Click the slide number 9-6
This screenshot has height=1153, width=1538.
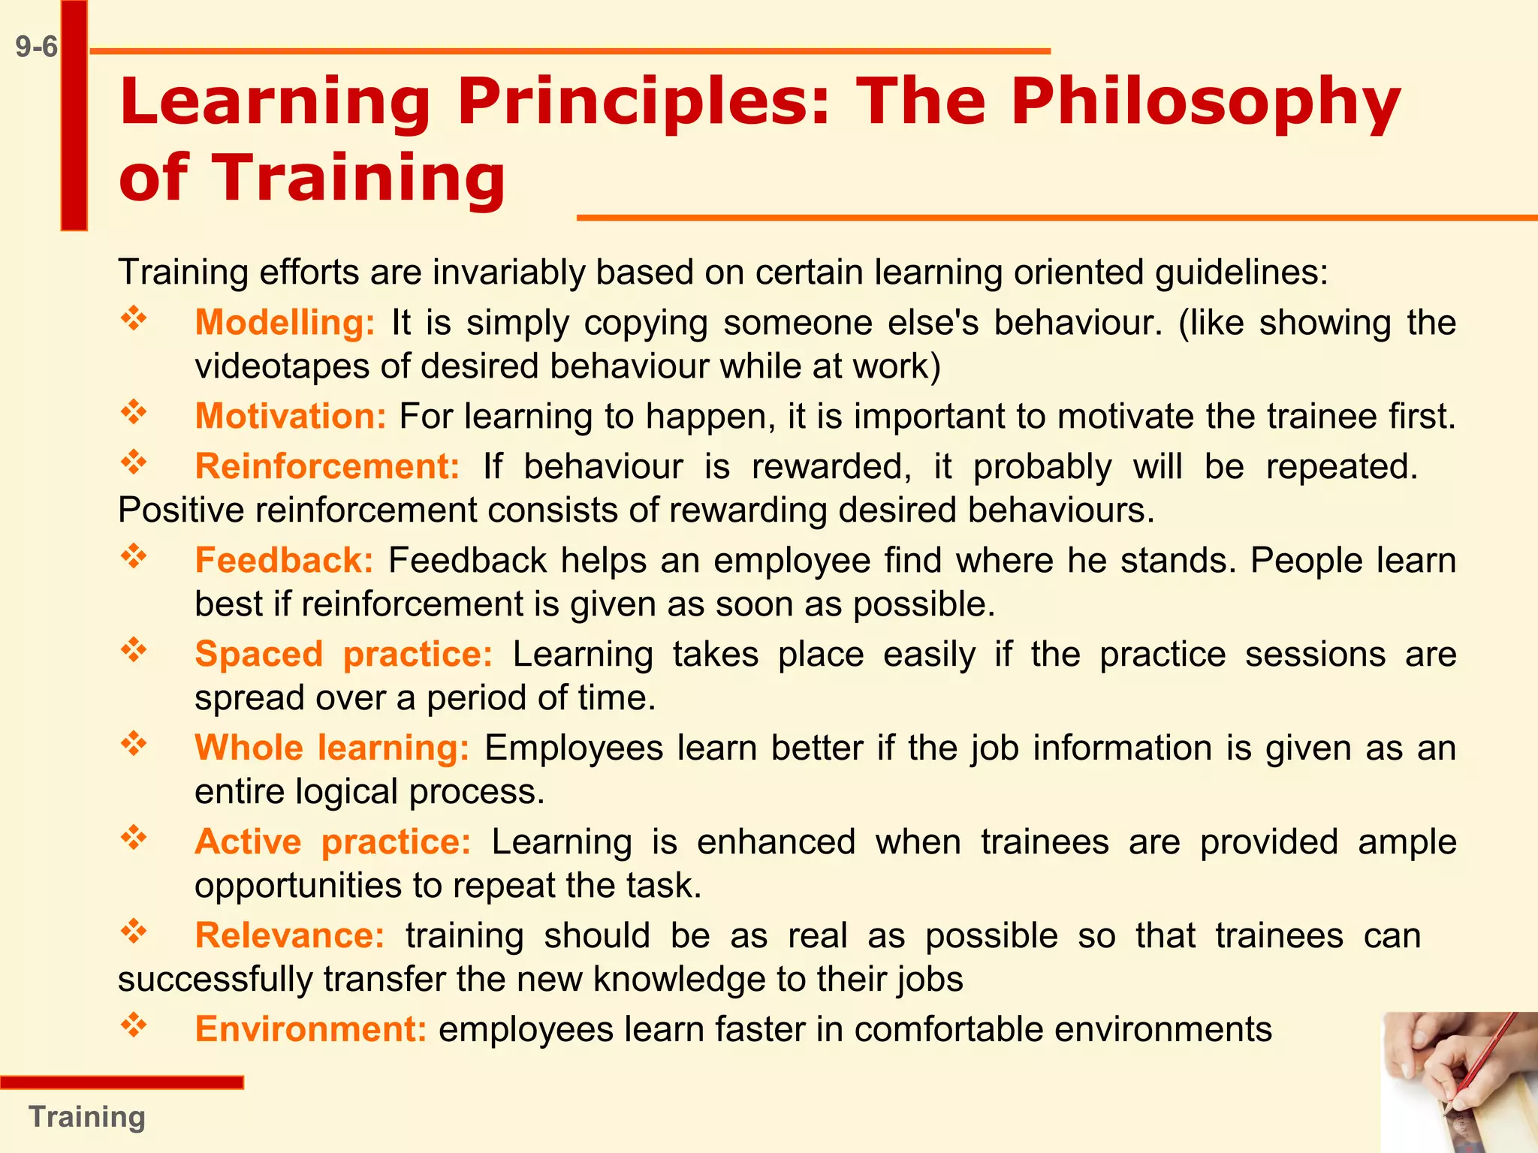pyautogui.click(x=36, y=47)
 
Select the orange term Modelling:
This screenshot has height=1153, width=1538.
pyautogui.click(x=285, y=323)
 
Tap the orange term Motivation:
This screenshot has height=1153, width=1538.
pyautogui.click(x=291, y=417)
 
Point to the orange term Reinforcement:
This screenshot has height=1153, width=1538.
pyautogui.click(x=327, y=467)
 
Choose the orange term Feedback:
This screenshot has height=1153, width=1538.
pyautogui.click(x=284, y=561)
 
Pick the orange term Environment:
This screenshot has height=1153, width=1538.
pyautogui.click(x=311, y=1029)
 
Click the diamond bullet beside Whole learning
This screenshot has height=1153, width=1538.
pyautogui.click(x=134, y=744)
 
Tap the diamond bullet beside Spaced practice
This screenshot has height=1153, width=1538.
pyautogui.click(x=134, y=650)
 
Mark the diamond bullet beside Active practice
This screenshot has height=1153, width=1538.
pyautogui.click(x=134, y=838)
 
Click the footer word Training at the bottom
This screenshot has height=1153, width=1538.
pyautogui.click(x=87, y=1117)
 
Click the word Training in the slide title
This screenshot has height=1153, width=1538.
pyautogui.click(x=359, y=179)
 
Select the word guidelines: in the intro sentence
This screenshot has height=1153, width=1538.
pyautogui.click(x=1241, y=272)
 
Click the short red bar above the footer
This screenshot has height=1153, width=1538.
pyautogui.click(x=122, y=1082)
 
